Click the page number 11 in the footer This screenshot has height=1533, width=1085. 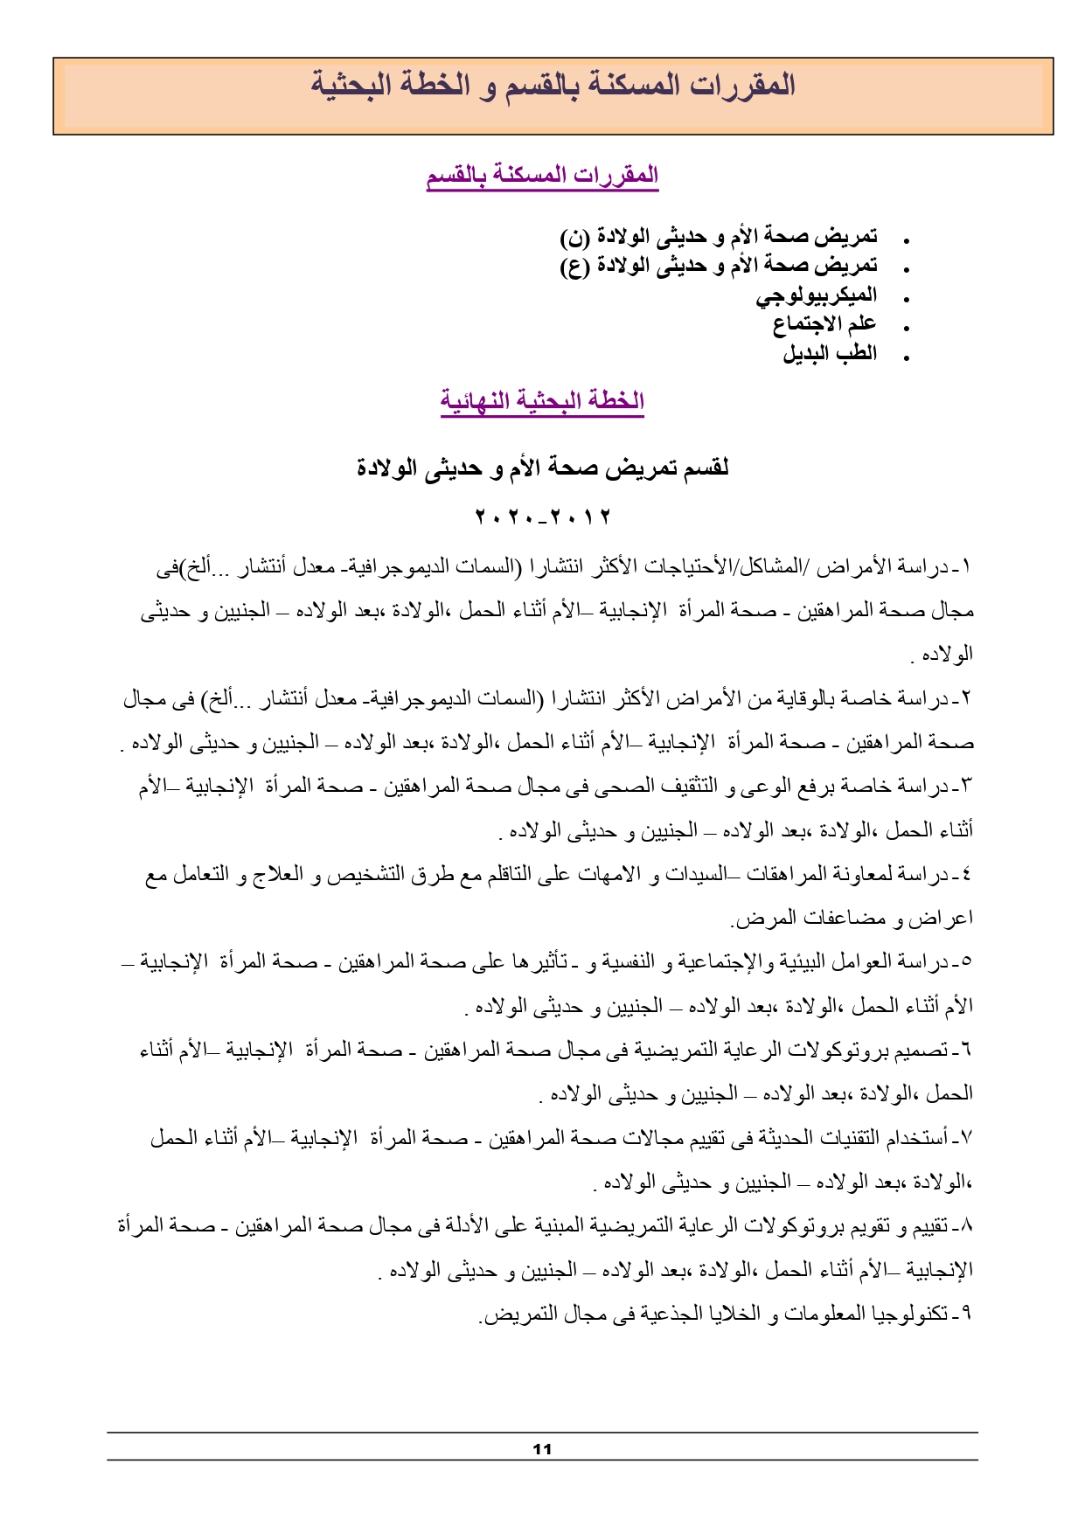(542, 1449)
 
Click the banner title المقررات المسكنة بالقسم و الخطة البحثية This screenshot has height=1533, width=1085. (553, 86)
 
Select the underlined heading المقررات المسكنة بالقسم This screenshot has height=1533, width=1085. (542, 175)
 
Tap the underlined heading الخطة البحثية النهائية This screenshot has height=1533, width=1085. (542, 400)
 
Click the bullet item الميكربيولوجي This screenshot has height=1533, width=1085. (817, 295)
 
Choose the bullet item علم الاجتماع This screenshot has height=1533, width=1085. (824, 324)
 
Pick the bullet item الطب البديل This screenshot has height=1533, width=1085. (830, 353)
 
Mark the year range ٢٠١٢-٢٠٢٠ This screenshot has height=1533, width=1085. (542, 517)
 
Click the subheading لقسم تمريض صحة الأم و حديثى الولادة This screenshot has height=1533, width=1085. (542, 468)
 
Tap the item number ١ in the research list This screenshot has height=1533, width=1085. (967, 567)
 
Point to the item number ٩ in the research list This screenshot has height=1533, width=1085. (967, 1314)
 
